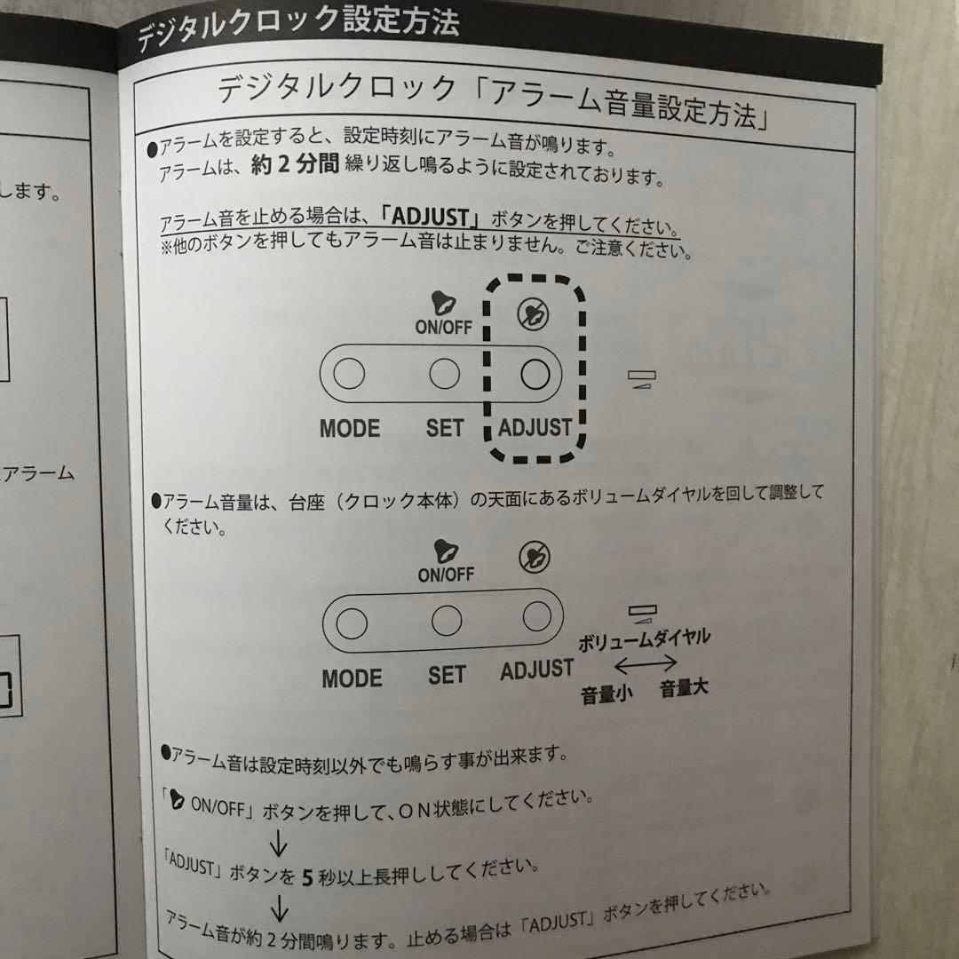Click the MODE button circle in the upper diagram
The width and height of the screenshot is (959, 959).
(x=349, y=376)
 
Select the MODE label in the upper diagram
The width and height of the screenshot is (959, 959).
(x=349, y=428)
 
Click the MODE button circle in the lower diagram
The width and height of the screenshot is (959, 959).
(x=352, y=622)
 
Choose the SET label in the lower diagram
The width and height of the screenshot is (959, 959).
(x=446, y=676)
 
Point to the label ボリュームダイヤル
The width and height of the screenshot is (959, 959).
(x=644, y=638)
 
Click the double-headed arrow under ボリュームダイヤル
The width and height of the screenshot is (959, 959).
(x=646, y=663)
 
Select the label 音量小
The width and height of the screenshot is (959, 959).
(x=606, y=693)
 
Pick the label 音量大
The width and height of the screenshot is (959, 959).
(x=684, y=688)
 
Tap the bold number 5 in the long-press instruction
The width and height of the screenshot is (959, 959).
(x=307, y=878)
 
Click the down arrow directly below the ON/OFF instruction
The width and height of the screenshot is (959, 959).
(x=280, y=840)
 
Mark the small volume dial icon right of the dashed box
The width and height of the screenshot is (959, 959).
(x=638, y=380)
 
